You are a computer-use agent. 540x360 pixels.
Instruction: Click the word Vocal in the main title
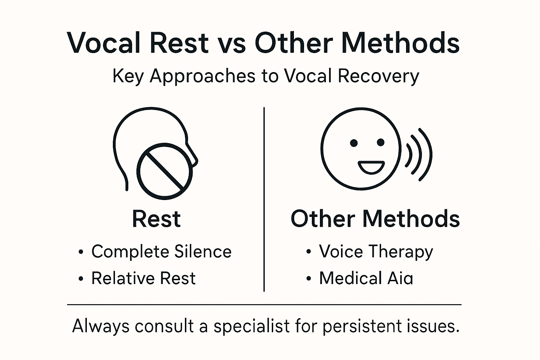pyautogui.click(x=104, y=43)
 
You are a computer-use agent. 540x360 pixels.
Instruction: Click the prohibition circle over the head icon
pyautogui.click(x=165, y=171)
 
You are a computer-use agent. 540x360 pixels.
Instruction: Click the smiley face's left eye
pyautogui.click(x=354, y=143)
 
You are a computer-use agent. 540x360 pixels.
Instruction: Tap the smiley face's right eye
pyautogui.click(x=381, y=142)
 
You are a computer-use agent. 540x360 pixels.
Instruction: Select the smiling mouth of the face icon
pyautogui.click(x=371, y=167)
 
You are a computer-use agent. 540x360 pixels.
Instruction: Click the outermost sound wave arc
pyautogui.click(x=426, y=155)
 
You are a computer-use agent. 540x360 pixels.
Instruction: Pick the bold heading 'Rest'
pyautogui.click(x=156, y=219)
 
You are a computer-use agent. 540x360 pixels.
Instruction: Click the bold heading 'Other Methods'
pyautogui.click(x=375, y=219)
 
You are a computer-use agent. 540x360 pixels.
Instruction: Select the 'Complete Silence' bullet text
pyautogui.click(x=161, y=252)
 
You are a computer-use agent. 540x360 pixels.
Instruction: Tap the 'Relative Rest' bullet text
pyautogui.click(x=143, y=278)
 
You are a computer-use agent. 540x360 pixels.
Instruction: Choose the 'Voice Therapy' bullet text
pyautogui.click(x=376, y=252)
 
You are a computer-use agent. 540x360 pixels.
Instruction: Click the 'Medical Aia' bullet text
pyautogui.click(x=366, y=278)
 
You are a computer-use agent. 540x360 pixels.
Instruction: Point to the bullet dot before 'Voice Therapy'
pyautogui.click(x=309, y=252)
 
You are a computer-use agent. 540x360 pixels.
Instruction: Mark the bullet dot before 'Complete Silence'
pyautogui.click(x=81, y=252)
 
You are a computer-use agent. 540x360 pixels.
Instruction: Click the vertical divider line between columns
pyautogui.click(x=264, y=199)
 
